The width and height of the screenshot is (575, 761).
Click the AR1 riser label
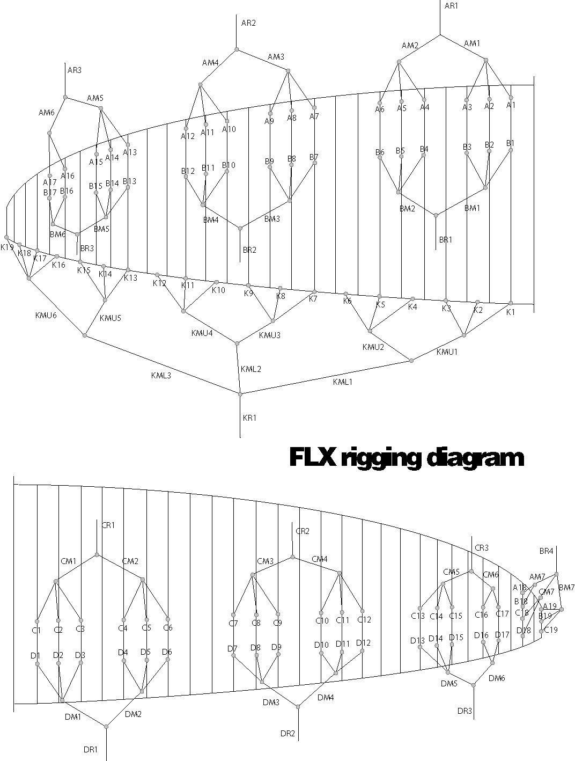click(x=451, y=5)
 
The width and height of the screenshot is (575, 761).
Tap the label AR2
click(x=248, y=23)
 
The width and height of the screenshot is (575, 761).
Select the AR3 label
click(x=75, y=70)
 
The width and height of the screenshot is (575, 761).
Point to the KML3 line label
click(x=160, y=375)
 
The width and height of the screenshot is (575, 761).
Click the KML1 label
click(x=343, y=381)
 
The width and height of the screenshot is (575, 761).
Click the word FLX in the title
click(x=313, y=458)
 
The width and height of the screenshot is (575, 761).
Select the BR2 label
click(x=249, y=250)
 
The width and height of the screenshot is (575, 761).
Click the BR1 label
click(x=446, y=240)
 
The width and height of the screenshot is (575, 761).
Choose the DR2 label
click(x=288, y=733)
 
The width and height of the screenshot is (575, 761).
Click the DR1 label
click(x=91, y=749)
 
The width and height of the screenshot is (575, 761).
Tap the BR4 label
click(x=546, y=551)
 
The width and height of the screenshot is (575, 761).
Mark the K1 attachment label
click(x=510, y=312)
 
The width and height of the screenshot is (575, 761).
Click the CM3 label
click(x=265, y=561)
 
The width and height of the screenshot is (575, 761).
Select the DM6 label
click(x=497, y=678)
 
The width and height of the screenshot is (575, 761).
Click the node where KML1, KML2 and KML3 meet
click(x=240, y=394)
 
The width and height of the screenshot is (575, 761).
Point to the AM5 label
click(x=95, y=98)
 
